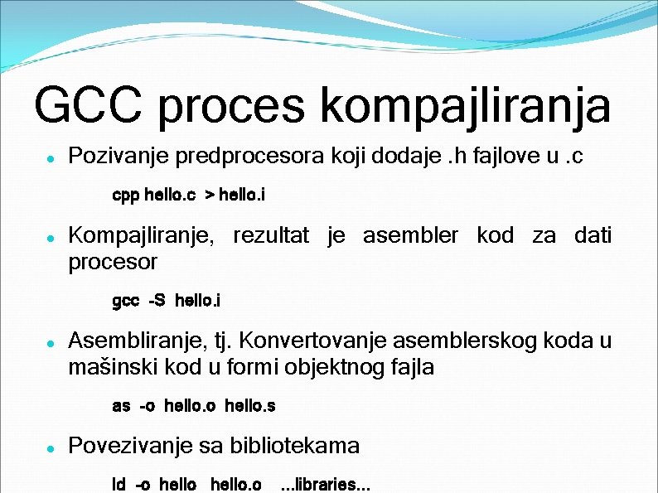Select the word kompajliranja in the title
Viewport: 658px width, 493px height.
(464, 106)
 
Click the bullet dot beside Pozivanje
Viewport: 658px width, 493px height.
(51, 157)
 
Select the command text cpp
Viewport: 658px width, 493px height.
(125, 196)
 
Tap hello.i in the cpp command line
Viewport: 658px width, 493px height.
(242, 196)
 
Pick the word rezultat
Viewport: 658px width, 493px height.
(271, 236)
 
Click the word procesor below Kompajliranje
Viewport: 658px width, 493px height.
(113, 262)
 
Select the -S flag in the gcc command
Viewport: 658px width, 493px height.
(157, 301)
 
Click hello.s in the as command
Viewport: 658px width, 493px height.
(249, 406)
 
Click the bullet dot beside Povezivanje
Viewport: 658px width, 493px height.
(51, 447)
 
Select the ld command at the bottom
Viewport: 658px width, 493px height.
(119, 484)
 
